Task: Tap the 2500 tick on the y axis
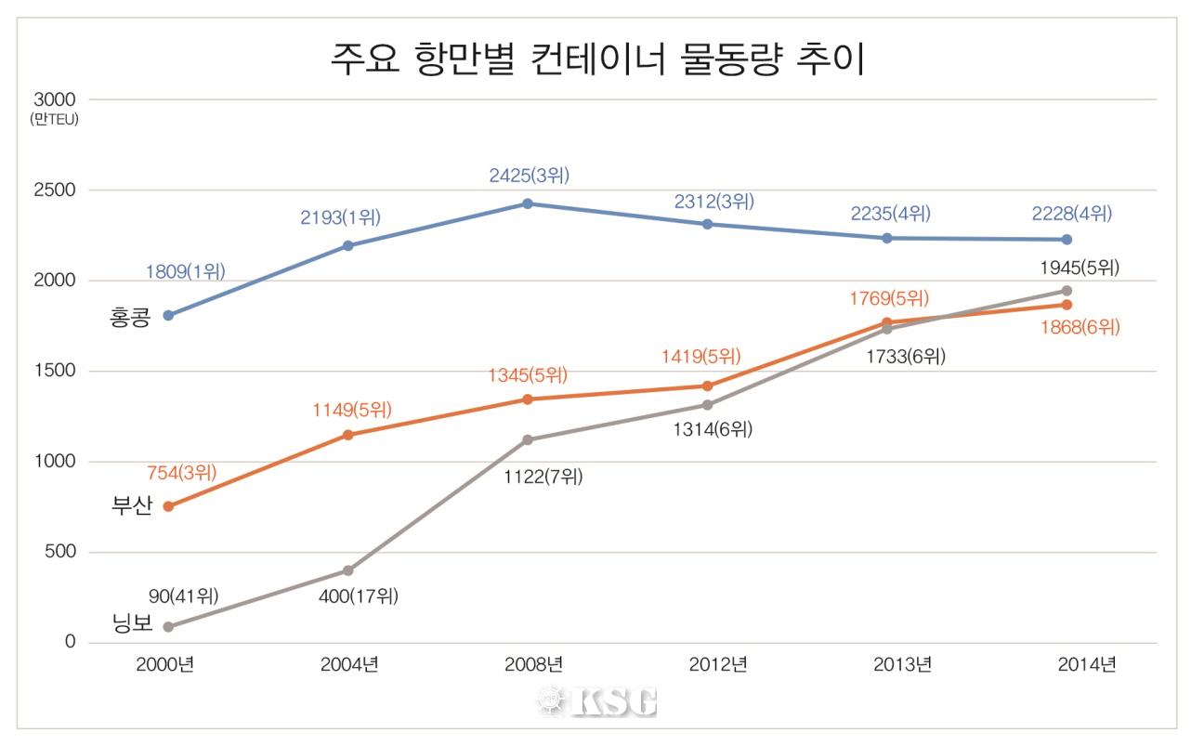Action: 56,190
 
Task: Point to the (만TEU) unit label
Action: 53,119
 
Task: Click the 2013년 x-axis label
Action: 902,665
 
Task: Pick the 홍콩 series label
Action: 130,321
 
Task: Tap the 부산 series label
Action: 131,508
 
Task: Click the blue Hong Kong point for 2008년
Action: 528,203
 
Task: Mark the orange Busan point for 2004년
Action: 348,435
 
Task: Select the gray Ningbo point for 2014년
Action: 1067,291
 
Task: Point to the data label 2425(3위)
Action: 529,175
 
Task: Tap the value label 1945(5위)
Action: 1080,268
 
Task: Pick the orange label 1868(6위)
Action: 1080,327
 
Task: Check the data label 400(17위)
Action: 358,596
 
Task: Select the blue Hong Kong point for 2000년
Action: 168,315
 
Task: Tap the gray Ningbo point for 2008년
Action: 528,439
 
